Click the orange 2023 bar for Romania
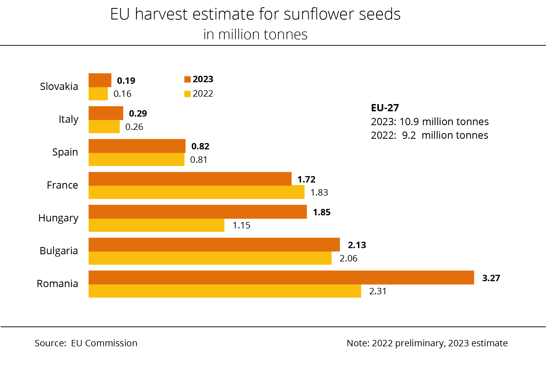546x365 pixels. tap(281, 277)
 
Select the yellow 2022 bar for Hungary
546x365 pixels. tap(156, 225)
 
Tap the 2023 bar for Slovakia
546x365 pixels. tap(100, 80)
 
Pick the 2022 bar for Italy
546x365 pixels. tap(104, 126)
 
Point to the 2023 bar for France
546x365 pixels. tap(190, 179)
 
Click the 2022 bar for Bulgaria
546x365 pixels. tap(210, 258)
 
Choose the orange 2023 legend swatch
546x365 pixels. tap(187, 80)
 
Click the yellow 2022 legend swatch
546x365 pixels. tap(187, 94)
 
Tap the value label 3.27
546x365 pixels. tap(491, 278)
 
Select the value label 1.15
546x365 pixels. tap(241, 225)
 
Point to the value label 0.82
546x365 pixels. tap(200, 146)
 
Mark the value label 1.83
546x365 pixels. tap(319, 192)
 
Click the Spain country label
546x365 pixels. tap(65, 152)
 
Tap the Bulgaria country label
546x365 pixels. tap(59, 251)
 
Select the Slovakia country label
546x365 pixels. tap(59, 86)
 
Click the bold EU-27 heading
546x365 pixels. tap(385, 108)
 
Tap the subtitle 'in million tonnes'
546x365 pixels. tap(255, 34)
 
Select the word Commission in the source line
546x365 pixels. tap(111, 343)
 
